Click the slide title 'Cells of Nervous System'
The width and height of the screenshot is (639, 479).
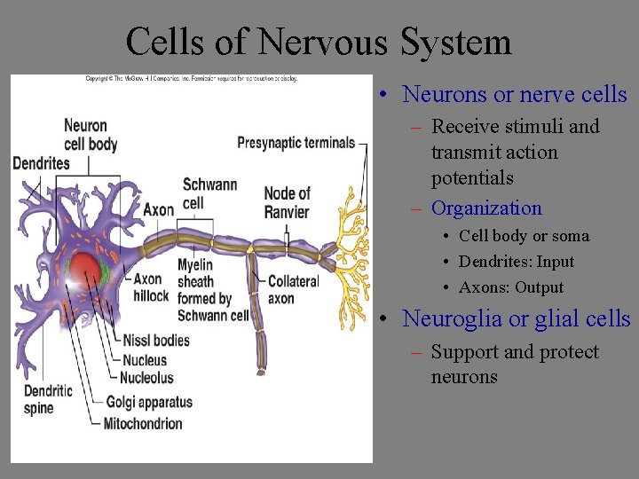point(319,42)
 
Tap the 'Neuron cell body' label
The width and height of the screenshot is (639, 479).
point(91,135)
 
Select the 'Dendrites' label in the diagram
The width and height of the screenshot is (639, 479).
point(41,163)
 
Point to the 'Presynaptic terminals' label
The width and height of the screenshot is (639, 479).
point(296,143)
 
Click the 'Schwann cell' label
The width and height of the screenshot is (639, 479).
point(209,193)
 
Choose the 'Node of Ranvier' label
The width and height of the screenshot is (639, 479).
point(287,202)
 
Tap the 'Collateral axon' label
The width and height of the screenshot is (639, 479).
point(293,289)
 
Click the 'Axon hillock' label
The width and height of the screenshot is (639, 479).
point(151,287)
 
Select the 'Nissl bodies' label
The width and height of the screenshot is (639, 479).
point(156,340)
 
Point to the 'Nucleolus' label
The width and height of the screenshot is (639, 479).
point(146,378)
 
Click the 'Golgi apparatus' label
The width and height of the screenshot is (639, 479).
point(149,402)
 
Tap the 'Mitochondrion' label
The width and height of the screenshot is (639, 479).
point(143,424)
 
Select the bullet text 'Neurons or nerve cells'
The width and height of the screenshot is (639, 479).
point(515,94)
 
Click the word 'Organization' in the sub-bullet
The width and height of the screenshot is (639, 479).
point(486,208)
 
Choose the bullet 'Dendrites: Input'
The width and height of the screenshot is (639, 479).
point(517,262)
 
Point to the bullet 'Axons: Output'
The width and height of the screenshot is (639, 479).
point(511,287)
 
